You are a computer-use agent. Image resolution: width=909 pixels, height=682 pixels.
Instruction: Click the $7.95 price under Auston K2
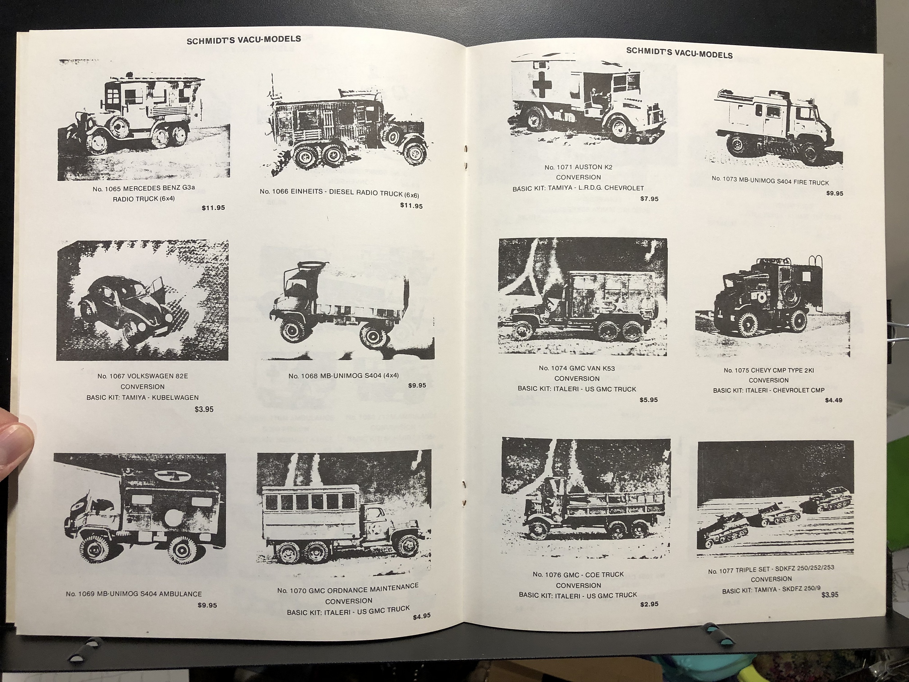click(x=649, y=199)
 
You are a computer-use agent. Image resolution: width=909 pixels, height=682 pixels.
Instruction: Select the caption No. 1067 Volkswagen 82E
click(x=143, y=376)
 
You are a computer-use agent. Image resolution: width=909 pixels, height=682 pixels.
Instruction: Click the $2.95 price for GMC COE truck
click(x=649, y=604)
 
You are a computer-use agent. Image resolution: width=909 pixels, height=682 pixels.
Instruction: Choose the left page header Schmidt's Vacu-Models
click(x=244, y=40)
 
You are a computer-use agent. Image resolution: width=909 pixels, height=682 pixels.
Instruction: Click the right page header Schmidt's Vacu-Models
click(x=679, y=53)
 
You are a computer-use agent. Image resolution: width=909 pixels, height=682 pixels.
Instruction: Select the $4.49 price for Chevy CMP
click(x=833, y=400)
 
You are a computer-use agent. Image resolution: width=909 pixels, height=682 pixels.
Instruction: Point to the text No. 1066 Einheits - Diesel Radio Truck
click(x=339, y=193)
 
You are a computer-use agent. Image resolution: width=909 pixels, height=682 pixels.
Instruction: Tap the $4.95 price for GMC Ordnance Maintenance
click(x=422, y=616)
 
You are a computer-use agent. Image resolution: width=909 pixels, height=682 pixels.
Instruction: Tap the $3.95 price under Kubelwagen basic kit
click(x=204, y=409)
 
